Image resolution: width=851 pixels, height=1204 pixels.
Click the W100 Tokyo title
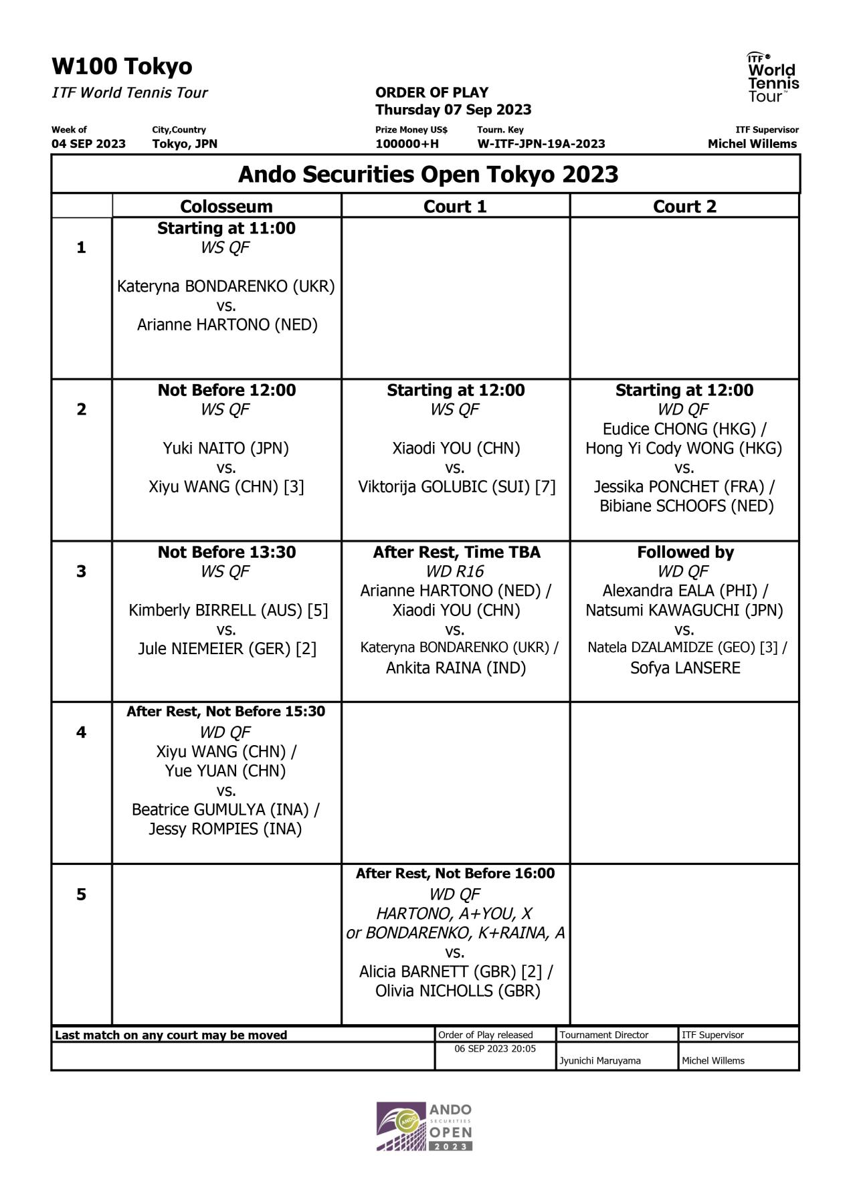[x=122, y=66]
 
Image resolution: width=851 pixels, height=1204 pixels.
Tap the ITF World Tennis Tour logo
[x=773, y=77]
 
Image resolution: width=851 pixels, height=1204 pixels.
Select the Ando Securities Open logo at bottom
[x=424, y=1126]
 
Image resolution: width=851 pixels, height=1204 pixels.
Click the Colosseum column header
[x=226, y=206]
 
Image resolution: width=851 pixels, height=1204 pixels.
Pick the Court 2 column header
[x=684, y=206]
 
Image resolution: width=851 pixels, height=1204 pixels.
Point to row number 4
[x=81, y=732]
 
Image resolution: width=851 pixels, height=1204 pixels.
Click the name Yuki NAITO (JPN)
[x=226, y=448]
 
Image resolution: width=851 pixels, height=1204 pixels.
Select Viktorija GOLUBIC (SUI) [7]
[x=456, y=486]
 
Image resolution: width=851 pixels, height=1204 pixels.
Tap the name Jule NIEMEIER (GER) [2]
[x=227, y=648]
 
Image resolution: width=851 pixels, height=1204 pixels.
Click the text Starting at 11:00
[x=226, y=228]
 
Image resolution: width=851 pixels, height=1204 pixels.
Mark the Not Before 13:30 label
[x=226, y=552]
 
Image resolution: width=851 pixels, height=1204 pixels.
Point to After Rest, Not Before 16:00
[x=455, y=873]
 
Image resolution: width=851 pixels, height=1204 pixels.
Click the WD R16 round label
[x=455, y=571]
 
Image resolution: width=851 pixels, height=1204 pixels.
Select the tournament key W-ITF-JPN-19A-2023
[x=541, y=144]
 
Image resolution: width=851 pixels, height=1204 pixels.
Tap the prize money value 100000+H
[x=407, y=144]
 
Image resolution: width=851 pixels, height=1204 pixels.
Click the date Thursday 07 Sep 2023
[x=453, y=110]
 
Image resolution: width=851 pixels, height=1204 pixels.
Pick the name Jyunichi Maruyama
[x=599, y=1060]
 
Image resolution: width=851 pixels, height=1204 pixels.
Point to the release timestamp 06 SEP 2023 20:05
[x=495, y=1049]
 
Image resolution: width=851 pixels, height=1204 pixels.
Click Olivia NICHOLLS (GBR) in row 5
[x=458, y=991]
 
